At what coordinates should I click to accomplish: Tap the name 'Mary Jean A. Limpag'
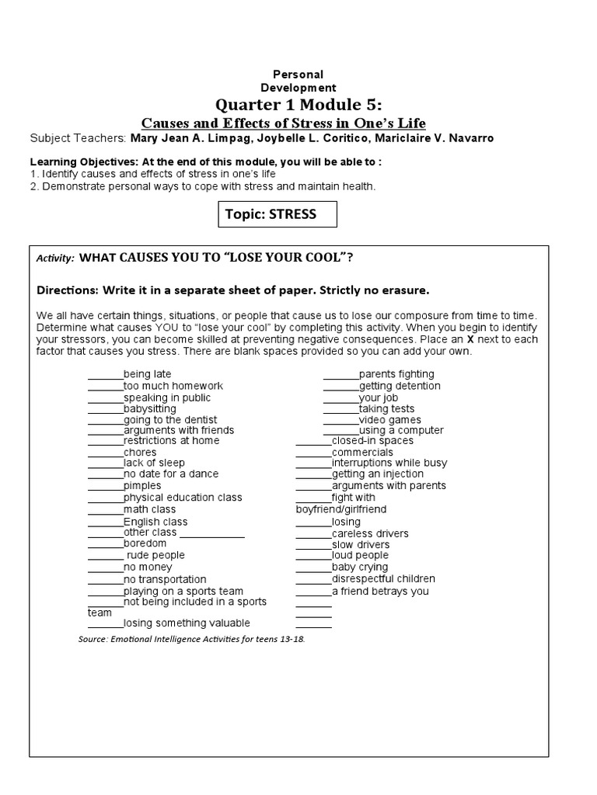click(181, 138)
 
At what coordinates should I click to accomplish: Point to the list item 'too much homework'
click(173, 386)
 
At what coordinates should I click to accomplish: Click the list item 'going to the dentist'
click(173, 419)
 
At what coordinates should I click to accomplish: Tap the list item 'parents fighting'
click(396, 374)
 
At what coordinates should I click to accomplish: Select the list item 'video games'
click(389, 419)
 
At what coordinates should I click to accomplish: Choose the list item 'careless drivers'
click(370, 533)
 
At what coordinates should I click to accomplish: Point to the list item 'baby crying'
click(360, 567)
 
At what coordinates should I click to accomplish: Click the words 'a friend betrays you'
click(380, 591)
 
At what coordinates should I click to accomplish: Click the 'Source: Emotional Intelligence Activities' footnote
click(192, 639)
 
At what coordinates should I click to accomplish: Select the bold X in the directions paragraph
click(469, 339)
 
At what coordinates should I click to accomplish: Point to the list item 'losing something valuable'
click(187, 623)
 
